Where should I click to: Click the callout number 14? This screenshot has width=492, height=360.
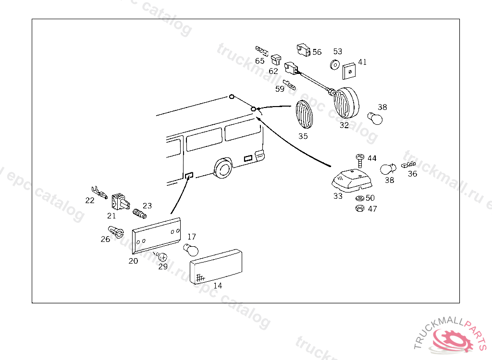[x=218, y=286]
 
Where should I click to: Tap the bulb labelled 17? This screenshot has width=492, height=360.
[x=190, y=249]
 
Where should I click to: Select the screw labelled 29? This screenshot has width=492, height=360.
[x=162, y=257]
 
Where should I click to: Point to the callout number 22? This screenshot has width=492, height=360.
[x=90, y=201]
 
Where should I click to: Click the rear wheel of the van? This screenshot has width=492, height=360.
[x=222, y=169]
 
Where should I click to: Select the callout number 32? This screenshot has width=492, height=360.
[x=344, y=125]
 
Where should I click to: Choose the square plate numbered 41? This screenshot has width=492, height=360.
[x=350, y=72]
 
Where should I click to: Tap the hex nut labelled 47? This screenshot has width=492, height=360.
[x=359, y=208]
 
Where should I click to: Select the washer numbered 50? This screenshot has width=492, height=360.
[x=359, y=198]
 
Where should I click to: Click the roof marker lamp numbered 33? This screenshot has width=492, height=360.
[x=352, y=180]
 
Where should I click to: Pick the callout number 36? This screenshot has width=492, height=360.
[x=412, y=174]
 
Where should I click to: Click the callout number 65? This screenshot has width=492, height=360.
[x=259, y=61]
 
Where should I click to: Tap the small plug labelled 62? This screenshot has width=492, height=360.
[x=276, y=60]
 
